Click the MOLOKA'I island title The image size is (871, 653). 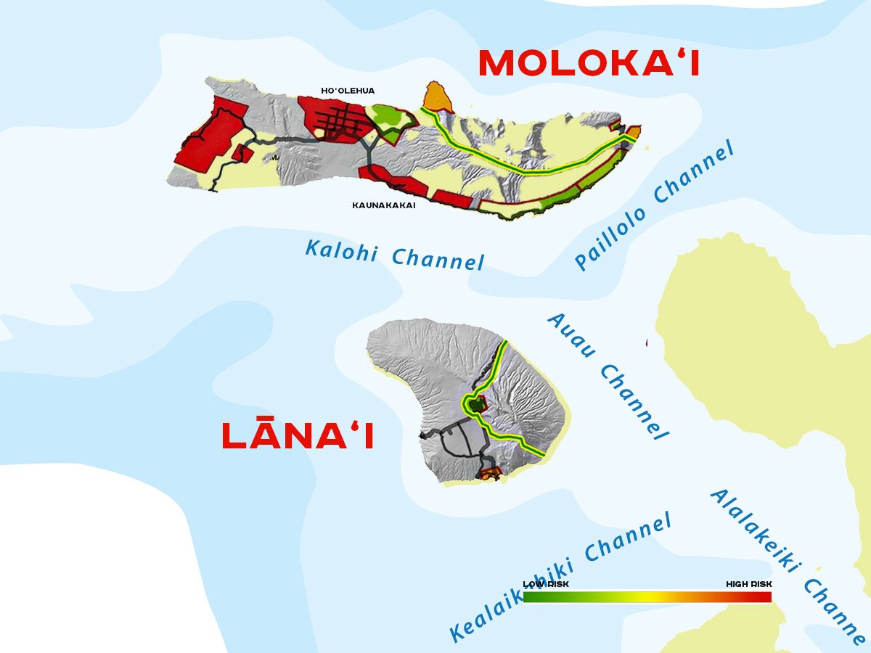coord(589,64)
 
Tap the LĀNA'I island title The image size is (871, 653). coord(298,436)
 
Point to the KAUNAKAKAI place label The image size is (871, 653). coord(384,205)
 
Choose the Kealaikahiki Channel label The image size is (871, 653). coord(560,577)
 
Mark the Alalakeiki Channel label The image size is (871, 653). coord(788,566)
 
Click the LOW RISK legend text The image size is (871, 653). coord(546,584)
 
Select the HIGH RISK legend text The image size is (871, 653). coord(749,584)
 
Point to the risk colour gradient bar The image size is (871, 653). coord(647,597)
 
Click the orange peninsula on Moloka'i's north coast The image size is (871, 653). coord(435,97)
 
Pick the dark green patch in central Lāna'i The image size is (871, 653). coord(475,404)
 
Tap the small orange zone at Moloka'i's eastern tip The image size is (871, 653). coord(634,132)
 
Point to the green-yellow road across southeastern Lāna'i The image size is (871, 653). coord(512,440)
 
